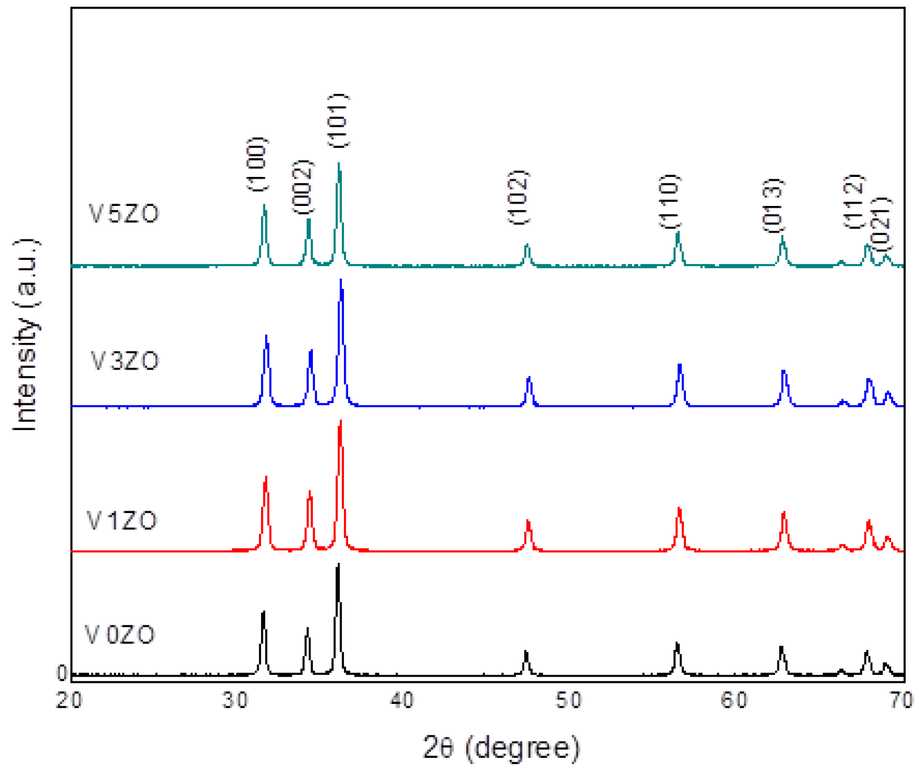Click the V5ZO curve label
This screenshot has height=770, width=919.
(124, 214)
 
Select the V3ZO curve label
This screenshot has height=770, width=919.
(125, 361)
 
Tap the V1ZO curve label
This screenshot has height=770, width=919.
(122, 520)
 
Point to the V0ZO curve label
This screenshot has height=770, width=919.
(120, 635)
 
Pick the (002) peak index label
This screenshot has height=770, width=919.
(304, 187)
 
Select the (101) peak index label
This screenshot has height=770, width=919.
(339, 121)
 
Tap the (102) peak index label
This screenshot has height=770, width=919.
(519, 197)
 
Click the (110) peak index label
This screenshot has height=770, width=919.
(670, 201)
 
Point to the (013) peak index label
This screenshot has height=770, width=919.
(774, 205)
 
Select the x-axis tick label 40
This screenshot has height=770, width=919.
(401, 700)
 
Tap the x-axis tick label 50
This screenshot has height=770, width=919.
(568, 700)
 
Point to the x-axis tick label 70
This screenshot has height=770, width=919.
(901, 700)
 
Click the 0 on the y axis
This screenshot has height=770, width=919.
(62, 672)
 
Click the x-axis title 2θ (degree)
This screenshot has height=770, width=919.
(501, 748)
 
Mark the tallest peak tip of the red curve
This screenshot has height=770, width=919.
(341, 421)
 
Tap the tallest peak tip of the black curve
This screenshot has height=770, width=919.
(338, 565)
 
